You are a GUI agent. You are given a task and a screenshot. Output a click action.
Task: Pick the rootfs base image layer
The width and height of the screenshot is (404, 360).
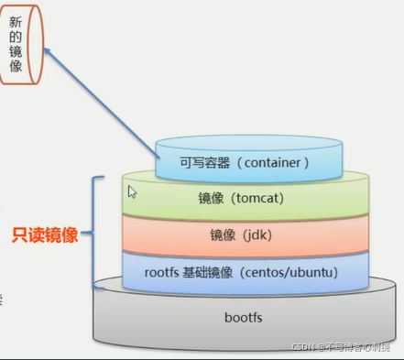pyautogui.click(x=243, y=272)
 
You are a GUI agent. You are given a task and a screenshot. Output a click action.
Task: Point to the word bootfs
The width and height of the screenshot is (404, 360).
pyautogui.click(x=243, y=318)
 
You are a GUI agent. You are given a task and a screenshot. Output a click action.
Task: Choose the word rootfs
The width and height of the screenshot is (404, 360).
pyautogui.click(x=163, y=272)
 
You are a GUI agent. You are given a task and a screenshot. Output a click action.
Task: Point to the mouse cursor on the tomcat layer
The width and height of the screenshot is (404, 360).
pyautogui.click(x=132, y=191)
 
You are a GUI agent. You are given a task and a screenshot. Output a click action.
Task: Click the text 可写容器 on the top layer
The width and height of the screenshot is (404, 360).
pyautogui.click(x=202, y=163)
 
